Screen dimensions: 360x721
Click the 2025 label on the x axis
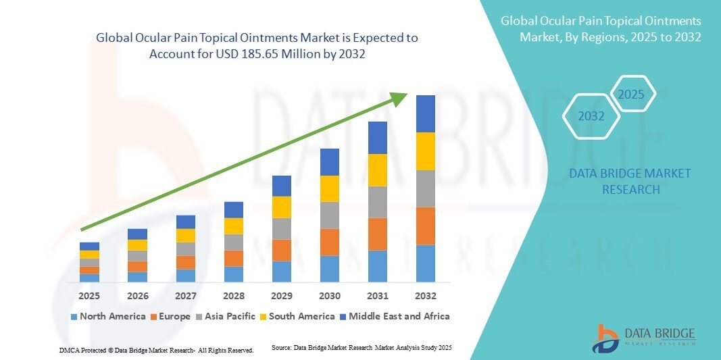coord(89,296)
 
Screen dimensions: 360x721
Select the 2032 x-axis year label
coord(426,296)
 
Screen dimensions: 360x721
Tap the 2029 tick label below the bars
coord(281,296)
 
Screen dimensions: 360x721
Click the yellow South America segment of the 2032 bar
coord(426,151)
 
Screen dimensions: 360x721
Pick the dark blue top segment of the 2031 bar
coord(378,138)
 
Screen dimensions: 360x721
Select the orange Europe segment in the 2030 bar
coord(330,242)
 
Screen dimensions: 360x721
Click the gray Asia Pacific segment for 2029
coord(281,228)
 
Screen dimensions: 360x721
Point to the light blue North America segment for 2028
coord(234,274)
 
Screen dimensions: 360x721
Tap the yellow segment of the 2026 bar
coord(137,245)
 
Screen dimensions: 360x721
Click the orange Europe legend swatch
coord(154,316)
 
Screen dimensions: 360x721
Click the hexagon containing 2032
coord(591,116)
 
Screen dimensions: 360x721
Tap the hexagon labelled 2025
coord(632,95)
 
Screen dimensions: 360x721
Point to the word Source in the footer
coord(281,347)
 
